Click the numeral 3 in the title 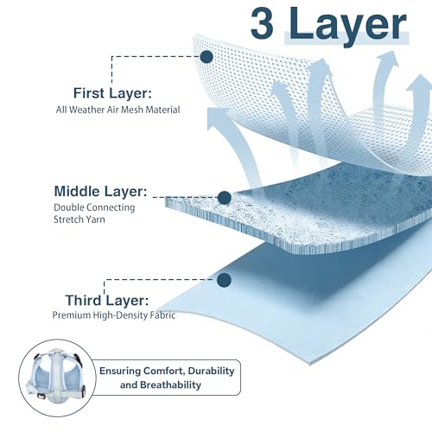click(x=262, y=23)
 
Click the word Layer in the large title click(x=347, y=27)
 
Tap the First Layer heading click(x=112, y=93)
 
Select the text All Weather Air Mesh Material click(x=118, y=110)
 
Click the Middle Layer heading click(x=100, y=191)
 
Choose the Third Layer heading click(x=107, y=301)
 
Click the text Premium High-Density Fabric click(x=114, y=315)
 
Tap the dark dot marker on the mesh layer click(x=206, y=57)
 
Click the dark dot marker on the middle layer click(x=225, y=198)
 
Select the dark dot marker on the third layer click(x=224, y=280)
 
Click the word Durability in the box click(x=211, y=371)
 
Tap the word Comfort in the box click(x=164, y=371)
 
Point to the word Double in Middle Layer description click(x=68, y=207)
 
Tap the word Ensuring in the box click(x=120, y=372)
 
